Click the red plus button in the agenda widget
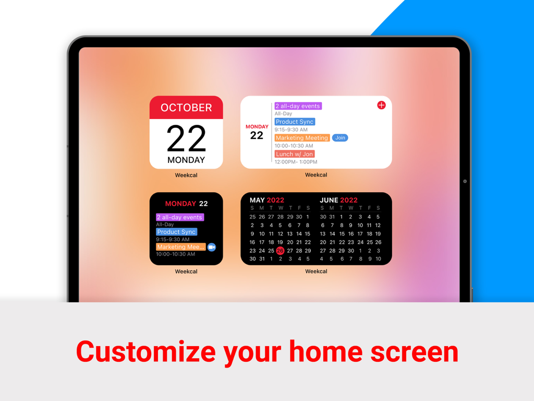[381, 105]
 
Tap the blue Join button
[340, 138]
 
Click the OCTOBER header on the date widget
[186, 108]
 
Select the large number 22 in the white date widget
[186, 138]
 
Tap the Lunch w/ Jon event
[295, 154]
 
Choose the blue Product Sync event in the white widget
[295, 122]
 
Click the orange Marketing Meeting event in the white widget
[302, 138]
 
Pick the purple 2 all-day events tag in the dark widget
[180, 217]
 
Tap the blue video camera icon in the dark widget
[211, 247]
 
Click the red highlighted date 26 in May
[280, 251]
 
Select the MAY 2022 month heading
[266, 200]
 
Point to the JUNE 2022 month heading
[338, 200]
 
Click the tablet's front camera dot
[465, 181]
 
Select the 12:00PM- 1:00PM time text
[296, 162]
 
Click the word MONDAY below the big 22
[186, 160]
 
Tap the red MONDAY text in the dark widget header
[180, 204]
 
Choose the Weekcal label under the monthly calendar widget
[316, 272]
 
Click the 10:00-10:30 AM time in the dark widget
[175, 254]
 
